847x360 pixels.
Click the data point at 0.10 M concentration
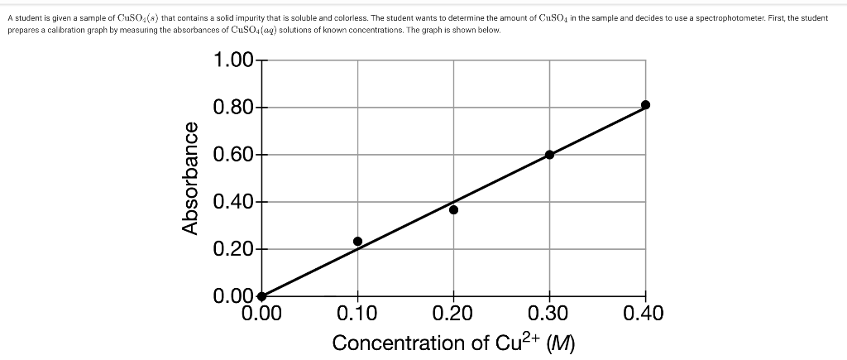click(x=357, y=241)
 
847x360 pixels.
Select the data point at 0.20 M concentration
click(x=453, y=209)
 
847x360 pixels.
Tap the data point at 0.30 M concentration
click(x=549, y=154)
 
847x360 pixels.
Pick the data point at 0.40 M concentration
click(x=646, y=104)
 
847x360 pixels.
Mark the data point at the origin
click(x=261, y=296)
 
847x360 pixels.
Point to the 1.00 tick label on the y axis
click(x=234, y=60)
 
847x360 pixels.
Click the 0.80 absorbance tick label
click(x=234, y=108)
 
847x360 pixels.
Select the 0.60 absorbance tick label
click(x=234, y=155)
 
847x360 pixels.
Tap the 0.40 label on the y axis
click(x=234, y=202)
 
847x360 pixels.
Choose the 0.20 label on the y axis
click(x=234, y=249)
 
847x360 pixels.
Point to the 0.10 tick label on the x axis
click(x=357, y=314)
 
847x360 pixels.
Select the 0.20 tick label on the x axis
click(x=453, y=314)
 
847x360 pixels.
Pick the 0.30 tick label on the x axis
click(x=549, y=314)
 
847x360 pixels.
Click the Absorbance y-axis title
click(x=190, y=178)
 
